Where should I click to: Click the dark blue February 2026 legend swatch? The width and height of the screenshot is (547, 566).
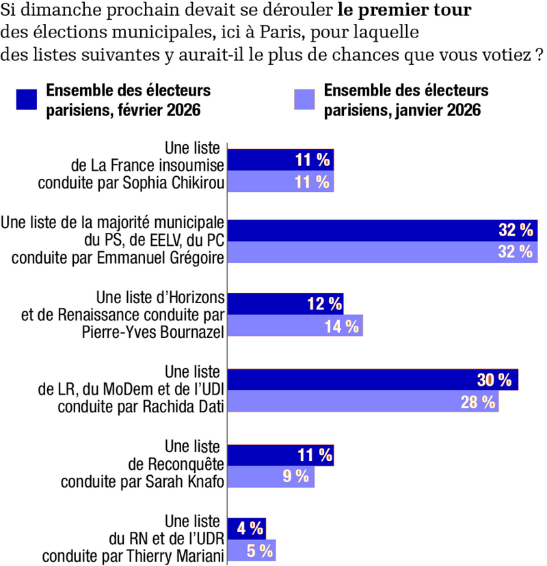(26, 100)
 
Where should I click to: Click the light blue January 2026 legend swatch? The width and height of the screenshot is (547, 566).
(304, 100)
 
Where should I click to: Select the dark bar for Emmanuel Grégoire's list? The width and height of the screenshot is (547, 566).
(382, 230)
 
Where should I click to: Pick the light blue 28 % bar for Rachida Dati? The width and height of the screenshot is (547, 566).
(362, 401)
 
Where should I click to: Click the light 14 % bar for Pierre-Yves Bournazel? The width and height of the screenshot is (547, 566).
(295, 326)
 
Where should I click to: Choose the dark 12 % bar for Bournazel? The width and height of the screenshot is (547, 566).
(285, 305)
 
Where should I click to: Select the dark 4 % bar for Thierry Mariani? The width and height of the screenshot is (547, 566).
(246, 528)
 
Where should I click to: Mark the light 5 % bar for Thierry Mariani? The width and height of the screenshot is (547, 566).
(251, 550)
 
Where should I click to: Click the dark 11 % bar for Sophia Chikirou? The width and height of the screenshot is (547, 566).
(280, 160)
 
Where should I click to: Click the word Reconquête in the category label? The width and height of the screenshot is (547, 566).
(185, 465)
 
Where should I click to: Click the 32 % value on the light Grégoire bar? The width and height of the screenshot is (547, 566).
(516, 251)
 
